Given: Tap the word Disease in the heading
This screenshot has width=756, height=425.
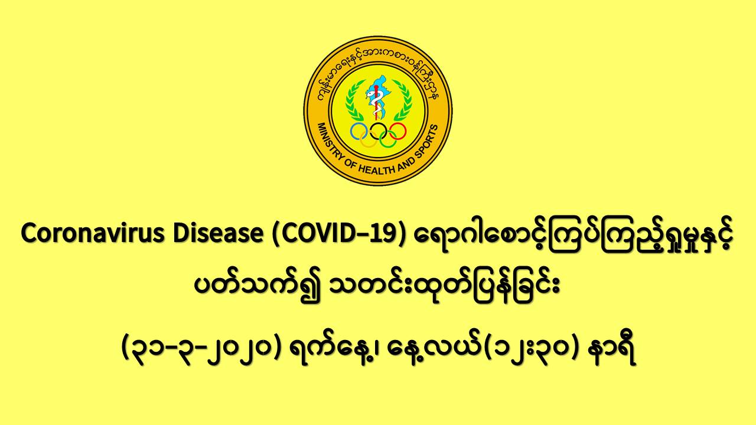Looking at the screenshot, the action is click(219, 233).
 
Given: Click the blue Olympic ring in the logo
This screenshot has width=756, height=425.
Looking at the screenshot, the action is click(359, 131).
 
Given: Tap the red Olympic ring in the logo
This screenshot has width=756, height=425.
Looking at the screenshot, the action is click(397, 131).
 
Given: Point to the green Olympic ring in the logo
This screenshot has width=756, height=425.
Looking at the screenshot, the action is click(388, 139).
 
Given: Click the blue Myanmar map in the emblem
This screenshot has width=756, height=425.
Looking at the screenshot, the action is click(377, 97).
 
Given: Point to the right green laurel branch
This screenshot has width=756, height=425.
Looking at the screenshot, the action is click(402, 100).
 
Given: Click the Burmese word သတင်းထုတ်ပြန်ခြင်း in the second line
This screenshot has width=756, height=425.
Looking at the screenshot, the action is click(445, 287).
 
